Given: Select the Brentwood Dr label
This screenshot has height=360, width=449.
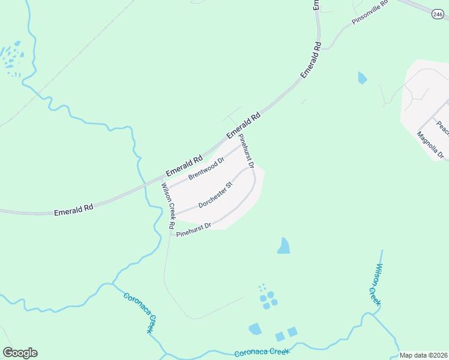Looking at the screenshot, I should click(206, 169).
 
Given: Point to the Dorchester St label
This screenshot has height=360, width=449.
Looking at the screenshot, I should click(215, 195).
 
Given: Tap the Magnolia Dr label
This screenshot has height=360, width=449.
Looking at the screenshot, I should click(430, 145).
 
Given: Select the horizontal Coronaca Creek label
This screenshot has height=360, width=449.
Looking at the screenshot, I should click(262, 352).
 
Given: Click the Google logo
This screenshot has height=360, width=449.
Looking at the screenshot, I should click(20, 353).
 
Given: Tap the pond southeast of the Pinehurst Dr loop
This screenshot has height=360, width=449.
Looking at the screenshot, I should click(284, 245).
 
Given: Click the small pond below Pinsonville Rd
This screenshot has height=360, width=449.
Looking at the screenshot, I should click(361, 77).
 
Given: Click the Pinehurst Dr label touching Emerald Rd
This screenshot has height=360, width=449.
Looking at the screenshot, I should click(247, 151).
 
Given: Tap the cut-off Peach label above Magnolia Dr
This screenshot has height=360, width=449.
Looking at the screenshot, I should click(442, 127).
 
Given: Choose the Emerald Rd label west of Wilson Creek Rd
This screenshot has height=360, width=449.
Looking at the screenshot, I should click(73, 209).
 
